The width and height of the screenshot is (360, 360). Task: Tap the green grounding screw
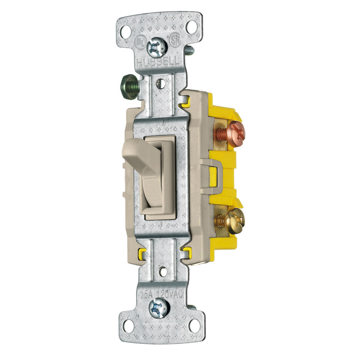pos(129,87)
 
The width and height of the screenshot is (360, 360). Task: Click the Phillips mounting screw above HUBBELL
pos(156,47)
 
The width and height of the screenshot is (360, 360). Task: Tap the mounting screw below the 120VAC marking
pos(159,308)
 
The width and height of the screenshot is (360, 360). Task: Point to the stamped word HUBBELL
pos(162,63)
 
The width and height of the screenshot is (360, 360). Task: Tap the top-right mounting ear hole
pos(192,27)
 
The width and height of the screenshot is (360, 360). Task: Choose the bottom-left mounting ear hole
pos(128,326)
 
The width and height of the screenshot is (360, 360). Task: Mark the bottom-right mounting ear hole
pos(194,326)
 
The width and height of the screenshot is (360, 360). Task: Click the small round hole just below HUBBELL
pos(160,84)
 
